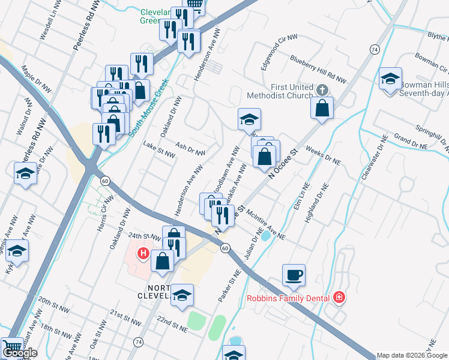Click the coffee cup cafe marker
[x=294, y=275]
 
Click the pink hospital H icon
[x=143, y=253]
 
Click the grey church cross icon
[x=322, y=91]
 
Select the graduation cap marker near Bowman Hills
[x=390, y=79]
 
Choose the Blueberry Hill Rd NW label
[x=318, y=69]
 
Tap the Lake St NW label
[x=159, y=150]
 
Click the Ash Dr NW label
[x=191, y=148]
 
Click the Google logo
[x=20, y=353]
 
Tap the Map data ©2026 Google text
[x=412, y=355]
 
